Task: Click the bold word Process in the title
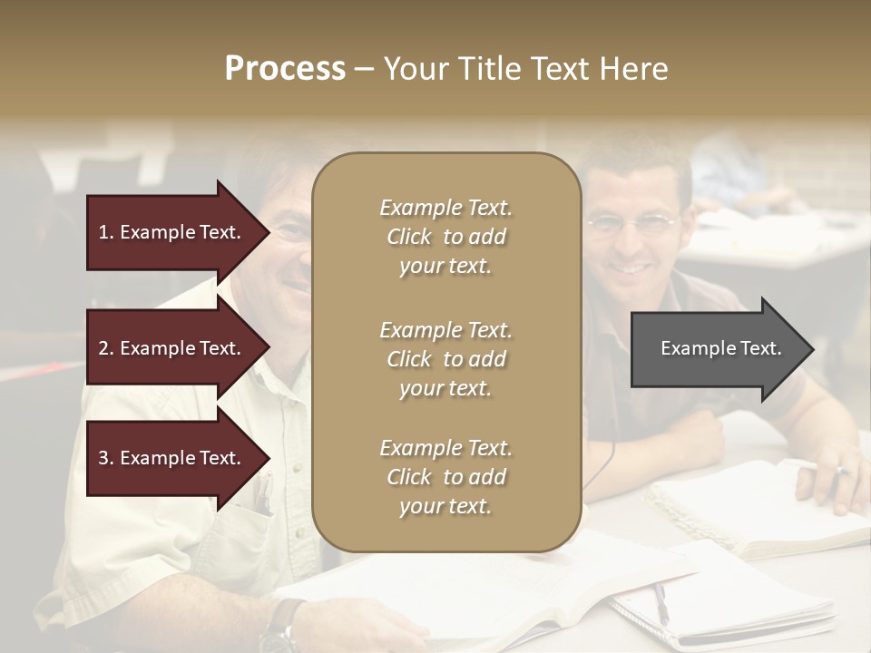tap(285, 69)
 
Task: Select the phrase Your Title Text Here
tap(525, 69)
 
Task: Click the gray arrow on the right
tap(717, 349)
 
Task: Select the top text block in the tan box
tap(445, 237)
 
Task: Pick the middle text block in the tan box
tap(445, 359)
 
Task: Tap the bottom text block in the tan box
tap(445, 477)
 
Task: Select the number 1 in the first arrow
tap(103, 232)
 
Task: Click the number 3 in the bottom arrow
tap(103, 458)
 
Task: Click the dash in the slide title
tap(364, 70)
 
